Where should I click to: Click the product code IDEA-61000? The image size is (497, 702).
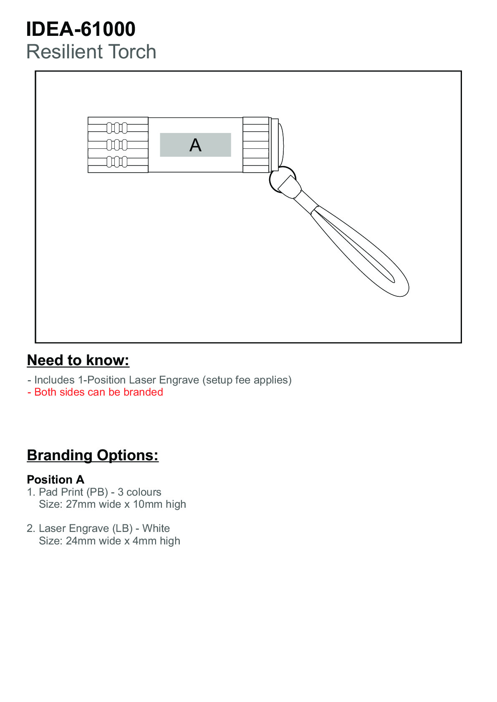coord(81,29)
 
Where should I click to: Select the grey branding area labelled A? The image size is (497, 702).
coord(195,145)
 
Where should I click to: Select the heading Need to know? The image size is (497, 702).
coord(78,361)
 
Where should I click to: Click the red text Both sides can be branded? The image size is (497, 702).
coord(98,392)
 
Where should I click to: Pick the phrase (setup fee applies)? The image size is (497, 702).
coord(247,380)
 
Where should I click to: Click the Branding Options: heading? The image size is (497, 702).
coord(93,455)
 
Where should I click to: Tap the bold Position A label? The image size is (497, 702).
coord(56,480)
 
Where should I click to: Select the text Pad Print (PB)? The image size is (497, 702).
coord(73,492)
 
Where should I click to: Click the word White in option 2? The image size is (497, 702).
coord(156,529)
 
